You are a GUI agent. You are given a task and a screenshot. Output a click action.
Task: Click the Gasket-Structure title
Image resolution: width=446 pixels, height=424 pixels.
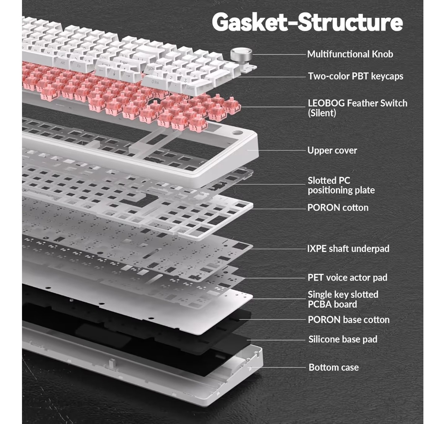click(307, 22)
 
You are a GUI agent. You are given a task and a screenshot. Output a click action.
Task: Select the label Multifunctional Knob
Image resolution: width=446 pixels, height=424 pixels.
click(350, 54)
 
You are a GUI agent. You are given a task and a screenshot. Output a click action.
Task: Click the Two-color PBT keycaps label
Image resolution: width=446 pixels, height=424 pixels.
click(356, 76)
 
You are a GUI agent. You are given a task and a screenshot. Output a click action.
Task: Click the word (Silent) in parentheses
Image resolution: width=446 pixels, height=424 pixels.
click(322, 113)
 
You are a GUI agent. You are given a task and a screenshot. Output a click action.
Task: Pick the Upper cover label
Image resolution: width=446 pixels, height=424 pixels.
click(332, 150)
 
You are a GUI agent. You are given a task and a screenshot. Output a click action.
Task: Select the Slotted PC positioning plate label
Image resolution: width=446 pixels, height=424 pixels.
click(341, 185)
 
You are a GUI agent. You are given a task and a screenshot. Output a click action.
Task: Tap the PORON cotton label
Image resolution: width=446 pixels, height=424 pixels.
click(338, 208)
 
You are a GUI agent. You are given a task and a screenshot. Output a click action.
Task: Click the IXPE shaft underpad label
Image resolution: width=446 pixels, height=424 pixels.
click(348, 249)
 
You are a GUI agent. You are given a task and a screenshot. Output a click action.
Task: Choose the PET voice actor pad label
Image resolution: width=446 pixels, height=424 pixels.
click(347, 277)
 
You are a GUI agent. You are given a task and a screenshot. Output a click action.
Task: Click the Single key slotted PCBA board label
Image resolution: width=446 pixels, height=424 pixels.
click(343, 299)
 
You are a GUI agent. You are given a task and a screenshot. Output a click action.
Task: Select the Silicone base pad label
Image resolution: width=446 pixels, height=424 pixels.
click(343, 339)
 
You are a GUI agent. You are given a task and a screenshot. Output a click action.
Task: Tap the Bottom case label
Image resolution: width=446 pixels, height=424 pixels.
click(334, 368)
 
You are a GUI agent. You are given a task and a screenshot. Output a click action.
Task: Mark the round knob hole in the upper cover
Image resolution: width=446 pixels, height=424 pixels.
click(238, 133)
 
